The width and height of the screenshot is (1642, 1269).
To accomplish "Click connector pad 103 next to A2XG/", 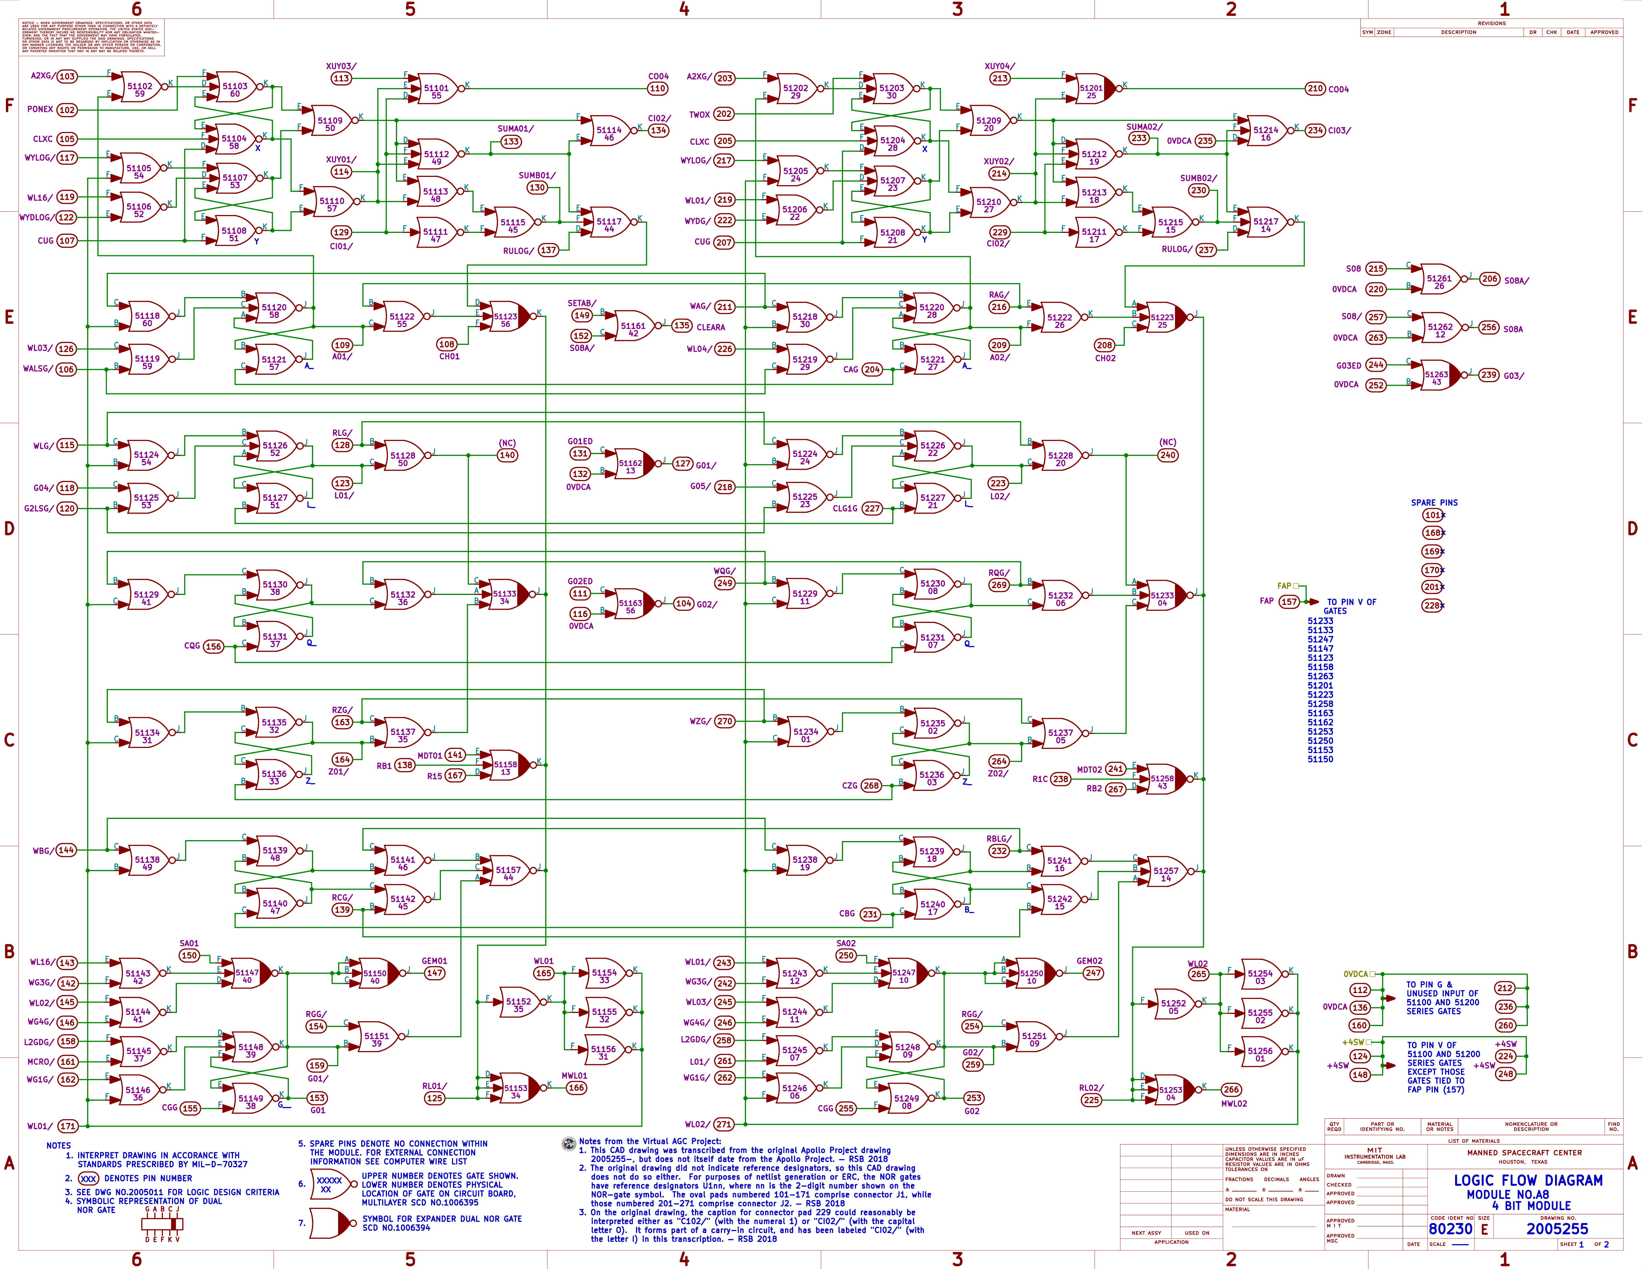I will coord(67,76).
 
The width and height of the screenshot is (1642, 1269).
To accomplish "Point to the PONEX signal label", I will coord(40,109).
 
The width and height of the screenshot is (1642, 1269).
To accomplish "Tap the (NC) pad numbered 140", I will coord(508,455).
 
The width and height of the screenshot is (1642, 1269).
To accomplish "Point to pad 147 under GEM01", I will coord(435,973).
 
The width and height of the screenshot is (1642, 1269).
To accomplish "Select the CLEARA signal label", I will coord(711,327).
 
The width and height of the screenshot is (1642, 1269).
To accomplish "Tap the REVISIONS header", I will coord(1492,23).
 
